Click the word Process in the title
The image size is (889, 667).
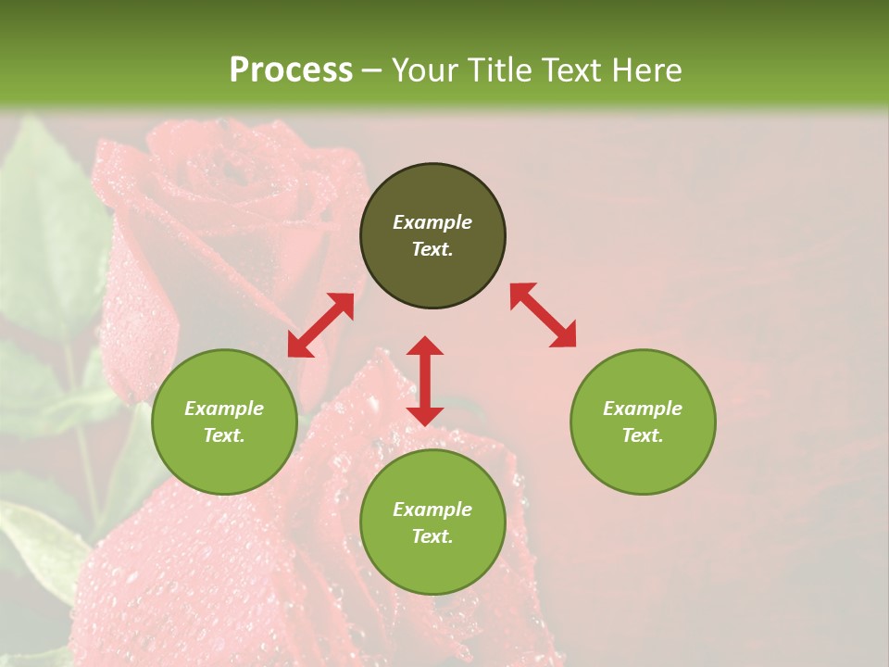point(291,70)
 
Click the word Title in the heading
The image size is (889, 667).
point(500,70)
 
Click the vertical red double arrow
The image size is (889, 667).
point(425,381)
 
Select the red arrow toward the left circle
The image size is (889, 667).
point(320,325)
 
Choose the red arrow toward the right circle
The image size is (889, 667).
point(543,315)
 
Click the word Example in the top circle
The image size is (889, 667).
point(432,222)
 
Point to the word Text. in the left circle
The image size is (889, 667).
point(224,435)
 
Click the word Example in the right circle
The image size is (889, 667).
point(643,409)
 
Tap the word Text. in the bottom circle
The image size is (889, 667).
point(432,536)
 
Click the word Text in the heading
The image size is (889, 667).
point(570,70)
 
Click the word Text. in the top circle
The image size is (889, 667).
point(432,249)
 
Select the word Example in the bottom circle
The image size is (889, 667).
point(432,510)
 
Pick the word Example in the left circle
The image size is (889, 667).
point(224,409)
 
